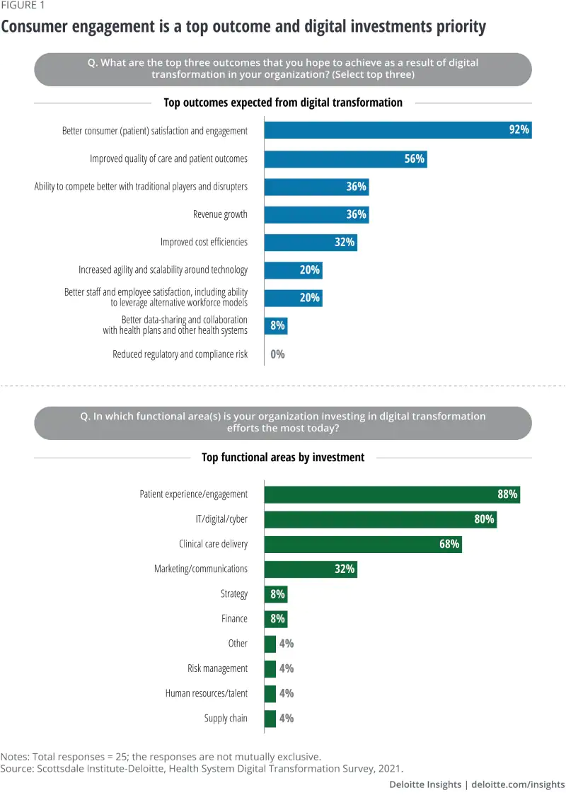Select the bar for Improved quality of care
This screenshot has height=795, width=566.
(x=345, y=158)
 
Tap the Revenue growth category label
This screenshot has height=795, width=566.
(x=220, y=214)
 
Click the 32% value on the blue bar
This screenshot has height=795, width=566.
(x=344, y=242)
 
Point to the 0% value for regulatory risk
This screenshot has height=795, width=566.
(x=277, y=354)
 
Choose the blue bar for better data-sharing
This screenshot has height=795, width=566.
(x=276, y=325)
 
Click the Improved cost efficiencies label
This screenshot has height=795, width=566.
(x=204, y=242)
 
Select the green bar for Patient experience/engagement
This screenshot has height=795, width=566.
(x=392, y=494)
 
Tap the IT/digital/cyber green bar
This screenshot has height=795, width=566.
(x=380, y=519)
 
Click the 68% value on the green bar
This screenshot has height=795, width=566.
(x=449, y=544)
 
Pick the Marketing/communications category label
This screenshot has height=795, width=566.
(x=201, y=569)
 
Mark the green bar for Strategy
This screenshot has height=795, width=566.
(x=276, y=594)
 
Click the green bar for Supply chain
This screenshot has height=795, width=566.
(x=270, y=718)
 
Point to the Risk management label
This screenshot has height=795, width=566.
(x=217, y=668)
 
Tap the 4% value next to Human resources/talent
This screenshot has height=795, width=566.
(x=287, y=693)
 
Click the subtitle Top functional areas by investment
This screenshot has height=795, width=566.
(x=283, y=457)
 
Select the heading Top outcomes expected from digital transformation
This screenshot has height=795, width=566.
(x=283, y=103)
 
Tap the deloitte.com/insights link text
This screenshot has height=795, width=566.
(x=518, y=784)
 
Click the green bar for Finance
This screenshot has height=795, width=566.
(x=276, y=619)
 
